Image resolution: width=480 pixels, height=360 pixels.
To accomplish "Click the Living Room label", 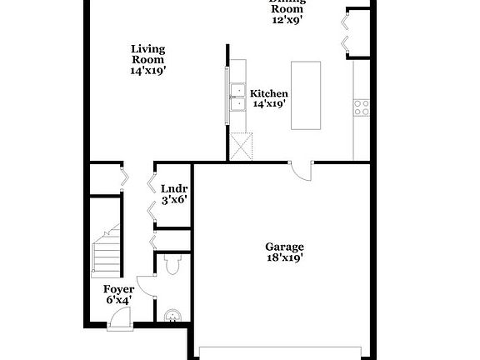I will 147,53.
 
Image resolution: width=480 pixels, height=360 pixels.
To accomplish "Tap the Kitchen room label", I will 269,93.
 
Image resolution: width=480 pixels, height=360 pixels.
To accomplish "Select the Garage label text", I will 284,247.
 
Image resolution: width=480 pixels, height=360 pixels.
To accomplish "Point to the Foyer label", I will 118,289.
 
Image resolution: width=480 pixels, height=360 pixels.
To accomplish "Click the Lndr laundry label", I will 174,188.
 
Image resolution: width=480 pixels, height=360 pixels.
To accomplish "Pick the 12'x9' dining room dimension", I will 287,19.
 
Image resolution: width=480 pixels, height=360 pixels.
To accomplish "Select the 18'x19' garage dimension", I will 284,258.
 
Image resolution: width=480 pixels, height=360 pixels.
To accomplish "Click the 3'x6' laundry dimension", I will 174,200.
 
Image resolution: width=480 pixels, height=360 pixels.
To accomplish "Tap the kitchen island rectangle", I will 306,94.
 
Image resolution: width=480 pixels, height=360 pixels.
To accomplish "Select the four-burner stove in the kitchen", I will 362,106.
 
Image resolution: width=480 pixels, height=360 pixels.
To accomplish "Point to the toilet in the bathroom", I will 172,265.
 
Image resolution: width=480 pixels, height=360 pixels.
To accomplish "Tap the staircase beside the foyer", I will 106,250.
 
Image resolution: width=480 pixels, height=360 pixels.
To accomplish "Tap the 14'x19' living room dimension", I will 147,71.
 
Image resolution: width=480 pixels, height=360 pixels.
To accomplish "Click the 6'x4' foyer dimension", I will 118,300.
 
